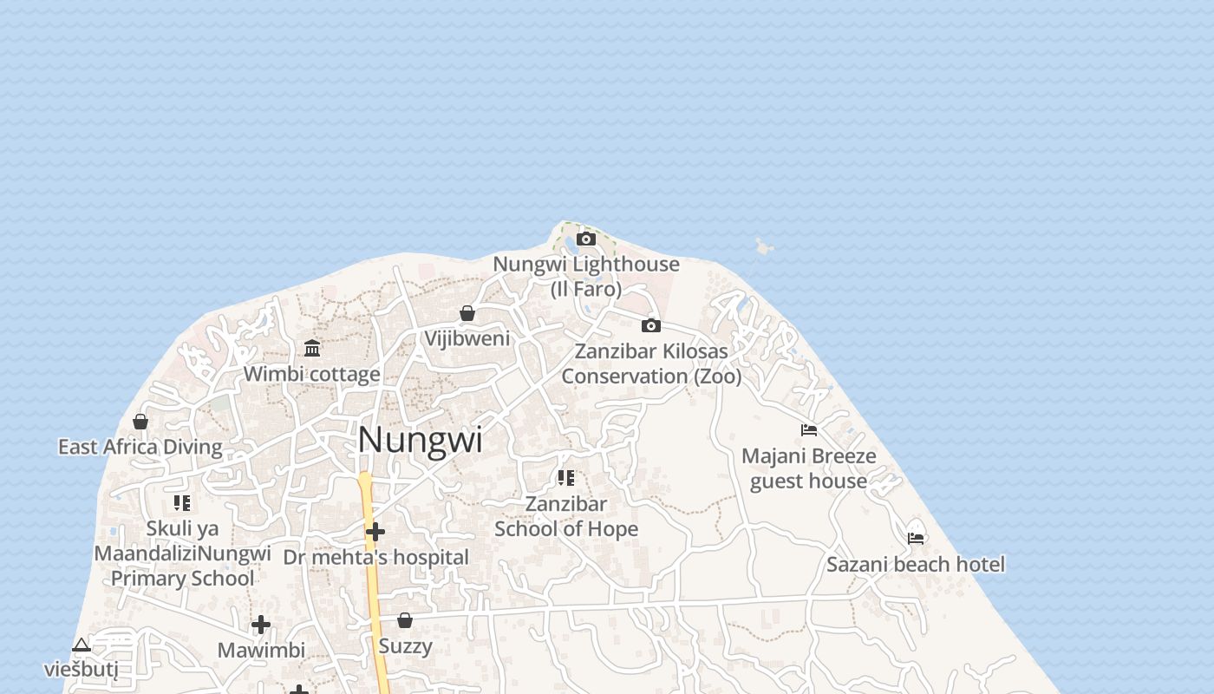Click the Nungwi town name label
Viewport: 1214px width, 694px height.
(x=421, y=440)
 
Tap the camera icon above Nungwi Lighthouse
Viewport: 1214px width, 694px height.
(x=586, y=239)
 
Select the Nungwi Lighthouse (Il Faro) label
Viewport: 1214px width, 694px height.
(x=586, y=276)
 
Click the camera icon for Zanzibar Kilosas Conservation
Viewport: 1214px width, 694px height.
(x=651, y=325)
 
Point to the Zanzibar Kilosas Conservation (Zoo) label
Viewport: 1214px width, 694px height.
(x=652, y=363)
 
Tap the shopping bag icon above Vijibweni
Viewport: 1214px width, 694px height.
(x=467, y=313)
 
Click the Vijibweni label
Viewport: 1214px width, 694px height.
(x=467, y=338)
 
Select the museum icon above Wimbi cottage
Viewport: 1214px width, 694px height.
(x=312, y=349)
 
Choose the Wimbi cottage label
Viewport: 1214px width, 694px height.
(x=312, y=374)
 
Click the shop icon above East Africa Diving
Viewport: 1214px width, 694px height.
(x=140, y=422)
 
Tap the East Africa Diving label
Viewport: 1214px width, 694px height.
(x=140, y=447)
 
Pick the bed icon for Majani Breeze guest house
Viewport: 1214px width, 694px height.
(x=809, y=430)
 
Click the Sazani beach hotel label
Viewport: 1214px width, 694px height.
(x=916, y=565)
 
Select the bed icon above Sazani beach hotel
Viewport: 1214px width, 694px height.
(x=916, y=539)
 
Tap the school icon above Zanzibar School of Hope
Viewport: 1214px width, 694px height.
(x=566, y=478)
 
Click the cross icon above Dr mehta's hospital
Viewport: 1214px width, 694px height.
(x=375, y=531)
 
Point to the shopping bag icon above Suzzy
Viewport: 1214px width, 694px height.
(x=405, y=620)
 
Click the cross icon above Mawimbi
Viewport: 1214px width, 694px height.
(x=261, y=625)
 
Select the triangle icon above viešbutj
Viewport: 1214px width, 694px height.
(x=82, y=645)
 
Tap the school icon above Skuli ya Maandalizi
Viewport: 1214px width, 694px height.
(x=182, y=502)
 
